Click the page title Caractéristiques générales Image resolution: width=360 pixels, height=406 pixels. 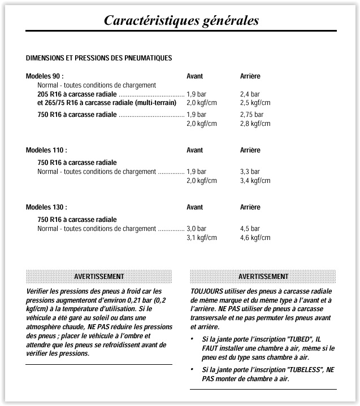(x=181, y=20)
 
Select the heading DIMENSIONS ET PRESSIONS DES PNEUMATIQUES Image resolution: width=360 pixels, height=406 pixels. (x=99, y=58)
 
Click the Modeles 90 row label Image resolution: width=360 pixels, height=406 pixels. (x=45, y=76)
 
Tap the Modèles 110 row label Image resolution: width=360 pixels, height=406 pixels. (x=46, y=150)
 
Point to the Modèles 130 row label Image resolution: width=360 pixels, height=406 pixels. (x=46, y=207)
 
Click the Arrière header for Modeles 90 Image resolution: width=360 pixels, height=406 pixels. (x=250, y=76)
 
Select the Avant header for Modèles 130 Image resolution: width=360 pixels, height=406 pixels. (x=194, y=207)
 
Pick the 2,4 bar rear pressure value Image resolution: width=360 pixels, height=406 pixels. (x=250, y=94)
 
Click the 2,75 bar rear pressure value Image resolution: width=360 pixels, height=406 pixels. (x=251, y=115)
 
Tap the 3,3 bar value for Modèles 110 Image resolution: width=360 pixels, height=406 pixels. (x=250, y=172)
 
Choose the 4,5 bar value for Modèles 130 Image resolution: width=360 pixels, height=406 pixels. (x=250, y=229)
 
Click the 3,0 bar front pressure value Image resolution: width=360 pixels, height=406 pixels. (x=196, y=229)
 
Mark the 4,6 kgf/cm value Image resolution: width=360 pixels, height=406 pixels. (x=255, y=238)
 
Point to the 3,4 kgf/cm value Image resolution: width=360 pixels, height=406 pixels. (x=255, y=181)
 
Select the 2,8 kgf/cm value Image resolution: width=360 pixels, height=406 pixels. (x=255, y=124)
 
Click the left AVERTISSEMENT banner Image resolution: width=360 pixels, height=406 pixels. (x=99, y=276)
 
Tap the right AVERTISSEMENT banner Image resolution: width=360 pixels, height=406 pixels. (x=263, y=276)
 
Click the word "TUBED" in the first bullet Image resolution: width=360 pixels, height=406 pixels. (x=300, y=339)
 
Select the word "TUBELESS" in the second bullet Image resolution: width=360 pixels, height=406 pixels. (x=306, y=369)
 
